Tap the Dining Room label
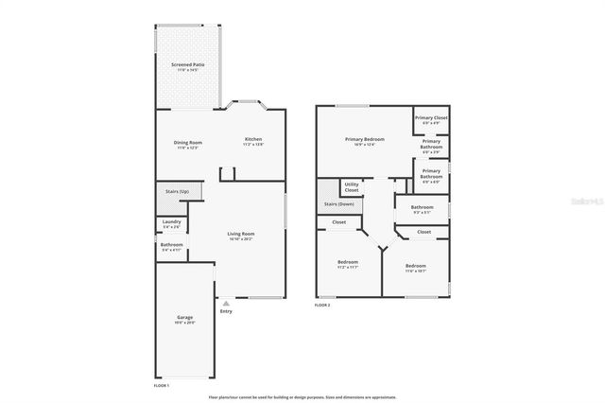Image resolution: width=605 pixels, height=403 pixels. click(x=188, y=144)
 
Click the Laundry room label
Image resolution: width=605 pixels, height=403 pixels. click(x=172, y=224)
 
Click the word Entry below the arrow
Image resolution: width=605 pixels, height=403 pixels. click(x=226, y=311)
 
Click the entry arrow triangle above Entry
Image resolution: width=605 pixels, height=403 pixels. click(x=225, y=303)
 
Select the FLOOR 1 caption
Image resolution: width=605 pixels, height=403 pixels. click(x=163, y=386)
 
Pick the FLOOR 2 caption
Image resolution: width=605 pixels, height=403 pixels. click(x=323, y=306)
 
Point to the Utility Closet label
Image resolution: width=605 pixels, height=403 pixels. click(x=351, y=187)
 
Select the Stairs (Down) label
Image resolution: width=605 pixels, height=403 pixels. click(x=338, y=203)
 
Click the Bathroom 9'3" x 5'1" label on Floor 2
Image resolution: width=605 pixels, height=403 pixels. click(x=423, y=209)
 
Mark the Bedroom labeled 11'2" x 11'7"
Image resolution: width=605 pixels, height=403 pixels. click(x=349, y=264)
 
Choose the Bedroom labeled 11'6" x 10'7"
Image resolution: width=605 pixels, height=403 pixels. click(x=416, y=268)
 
